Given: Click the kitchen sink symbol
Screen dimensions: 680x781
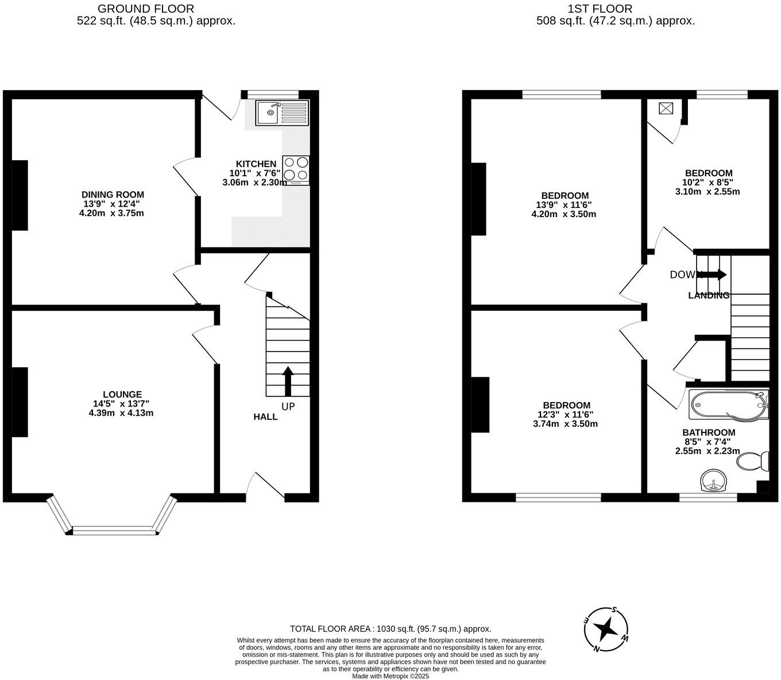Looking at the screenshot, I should pos(282,113).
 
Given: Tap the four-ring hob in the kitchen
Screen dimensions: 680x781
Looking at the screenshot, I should pos(295,170).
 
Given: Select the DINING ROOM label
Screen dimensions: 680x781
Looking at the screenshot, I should pos(113,195).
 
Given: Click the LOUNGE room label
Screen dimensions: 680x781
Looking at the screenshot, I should pos(122,395).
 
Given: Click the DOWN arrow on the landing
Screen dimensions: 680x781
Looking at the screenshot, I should pos(712,275).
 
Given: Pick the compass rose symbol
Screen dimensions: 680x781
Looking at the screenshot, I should pos(606,629).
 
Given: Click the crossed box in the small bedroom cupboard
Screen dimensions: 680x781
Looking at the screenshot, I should pos(667,108).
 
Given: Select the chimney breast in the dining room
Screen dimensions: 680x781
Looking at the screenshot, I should pos(20,195).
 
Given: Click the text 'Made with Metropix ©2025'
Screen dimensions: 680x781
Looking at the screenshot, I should pos(390,676).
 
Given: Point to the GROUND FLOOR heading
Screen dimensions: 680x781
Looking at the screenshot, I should pos(146,9).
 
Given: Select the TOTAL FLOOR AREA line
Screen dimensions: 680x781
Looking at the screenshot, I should pos(390,629).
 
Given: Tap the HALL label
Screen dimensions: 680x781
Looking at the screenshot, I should pos(265,416).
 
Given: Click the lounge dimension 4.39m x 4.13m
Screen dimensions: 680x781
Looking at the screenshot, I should pos(121,412).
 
